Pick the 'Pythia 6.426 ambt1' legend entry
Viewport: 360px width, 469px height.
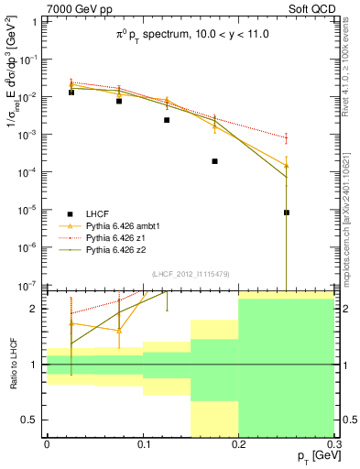124,224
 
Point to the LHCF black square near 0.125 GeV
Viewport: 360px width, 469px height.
167,120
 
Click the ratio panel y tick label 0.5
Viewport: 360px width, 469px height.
32,420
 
